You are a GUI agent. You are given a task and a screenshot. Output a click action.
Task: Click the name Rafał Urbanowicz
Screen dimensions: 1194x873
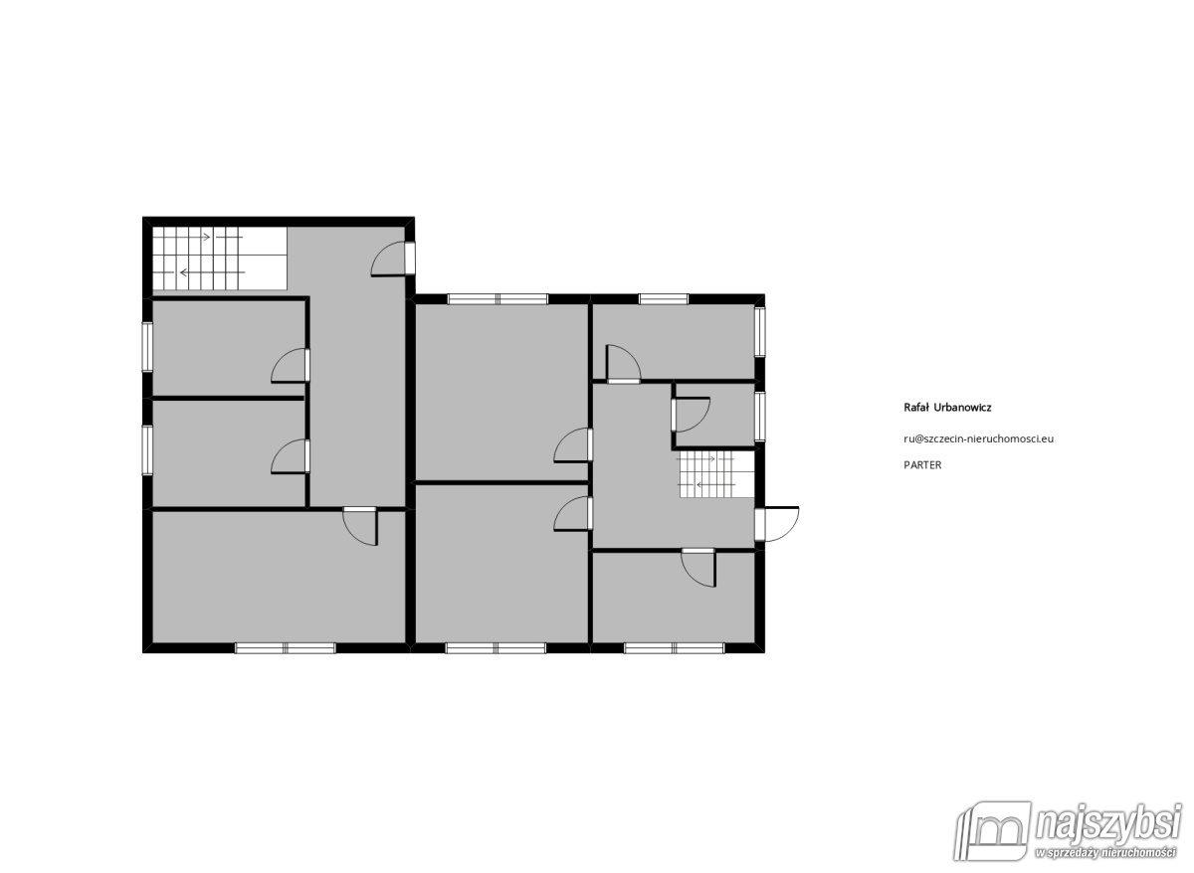(947, 408)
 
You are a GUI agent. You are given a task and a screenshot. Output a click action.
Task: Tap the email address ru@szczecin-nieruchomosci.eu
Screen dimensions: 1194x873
(979, 439)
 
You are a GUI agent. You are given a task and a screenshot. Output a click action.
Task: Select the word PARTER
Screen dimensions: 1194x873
(922, 465)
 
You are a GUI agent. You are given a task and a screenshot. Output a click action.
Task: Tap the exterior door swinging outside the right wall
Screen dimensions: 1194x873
(777, 525)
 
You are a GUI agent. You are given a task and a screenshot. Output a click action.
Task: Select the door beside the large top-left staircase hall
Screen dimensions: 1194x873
(393, 259)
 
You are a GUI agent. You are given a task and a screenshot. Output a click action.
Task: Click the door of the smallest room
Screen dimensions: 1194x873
(691, 415)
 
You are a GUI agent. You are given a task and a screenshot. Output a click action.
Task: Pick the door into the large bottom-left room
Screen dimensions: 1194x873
(360, 526)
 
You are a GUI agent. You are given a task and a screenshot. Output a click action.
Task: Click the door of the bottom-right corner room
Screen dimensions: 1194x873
(698, 568)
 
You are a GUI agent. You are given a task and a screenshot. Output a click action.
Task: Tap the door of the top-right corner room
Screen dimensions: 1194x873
(623, 364)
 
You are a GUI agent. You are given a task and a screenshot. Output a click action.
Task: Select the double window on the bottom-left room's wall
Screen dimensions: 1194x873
(286, 648)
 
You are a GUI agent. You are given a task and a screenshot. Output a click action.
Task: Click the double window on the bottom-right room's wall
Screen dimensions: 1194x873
(674, 648)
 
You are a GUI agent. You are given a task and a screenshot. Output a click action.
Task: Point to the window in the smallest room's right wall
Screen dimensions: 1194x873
(760, 417)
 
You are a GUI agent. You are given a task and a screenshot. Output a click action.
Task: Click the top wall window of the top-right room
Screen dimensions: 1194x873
(664, 299)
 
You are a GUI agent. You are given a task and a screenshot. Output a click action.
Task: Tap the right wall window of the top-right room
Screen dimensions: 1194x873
(760, 332)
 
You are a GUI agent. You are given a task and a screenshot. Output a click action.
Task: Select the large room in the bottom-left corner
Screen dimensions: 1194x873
(279, 578)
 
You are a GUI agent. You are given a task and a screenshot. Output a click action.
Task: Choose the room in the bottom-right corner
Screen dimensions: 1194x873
(674, 598)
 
